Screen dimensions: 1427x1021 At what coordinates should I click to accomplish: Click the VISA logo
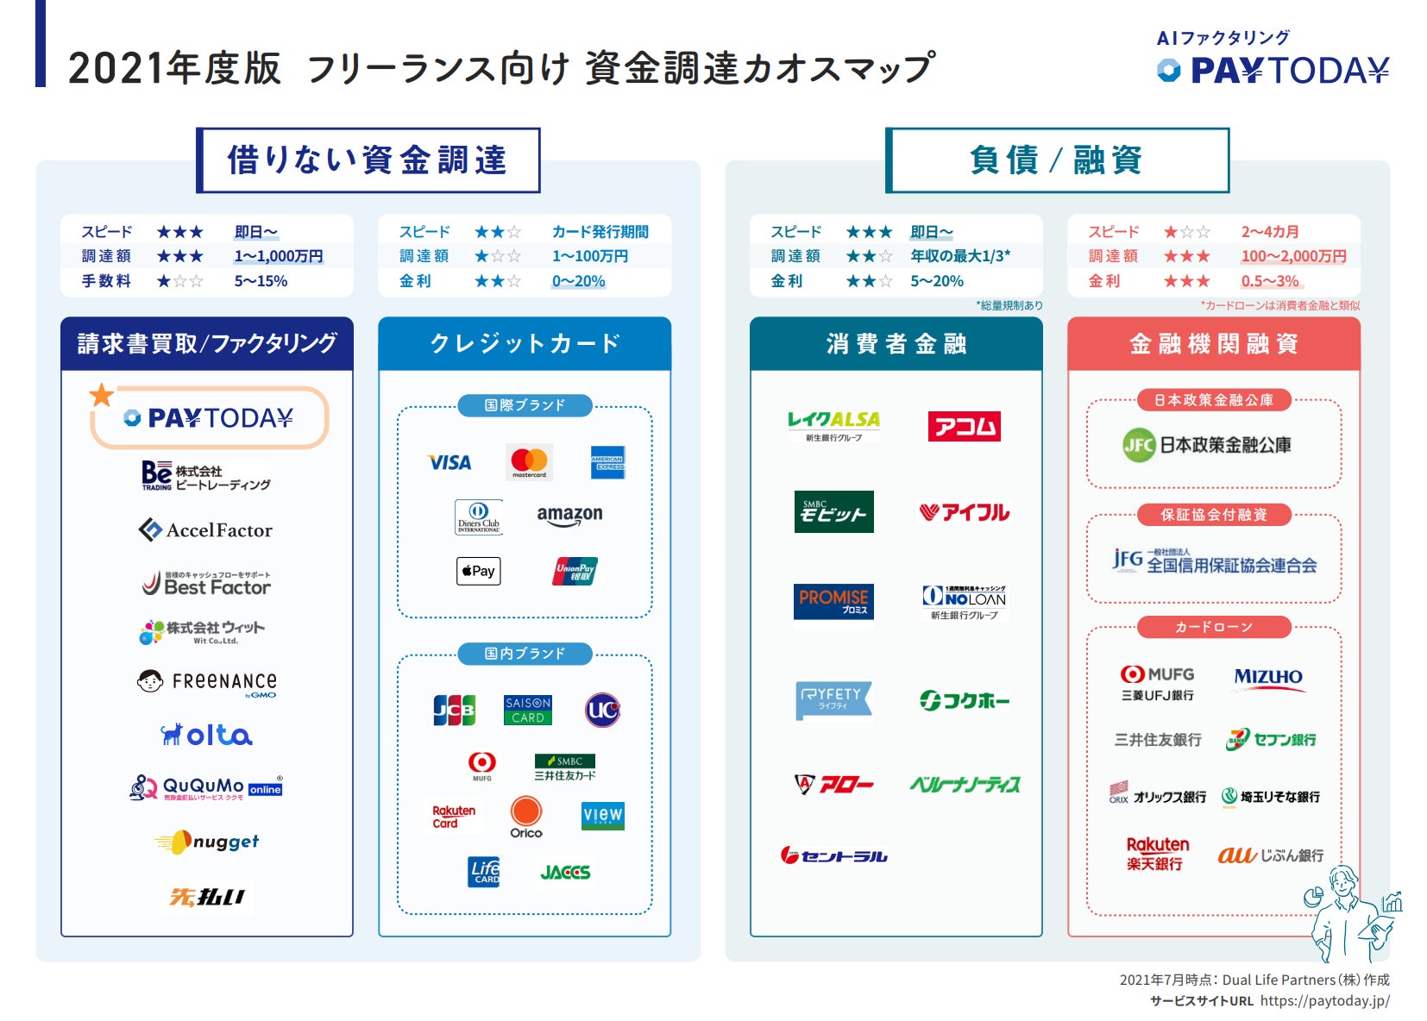450,463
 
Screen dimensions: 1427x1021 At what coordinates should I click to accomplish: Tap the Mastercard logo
529,462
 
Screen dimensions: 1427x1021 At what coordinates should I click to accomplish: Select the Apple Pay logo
479,571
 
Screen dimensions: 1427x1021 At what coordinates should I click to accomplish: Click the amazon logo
569,515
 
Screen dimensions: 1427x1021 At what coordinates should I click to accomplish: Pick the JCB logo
454,711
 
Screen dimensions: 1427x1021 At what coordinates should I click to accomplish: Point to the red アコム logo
964,426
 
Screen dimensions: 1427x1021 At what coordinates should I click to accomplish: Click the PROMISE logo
833,601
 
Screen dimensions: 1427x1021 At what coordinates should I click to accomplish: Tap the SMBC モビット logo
833,511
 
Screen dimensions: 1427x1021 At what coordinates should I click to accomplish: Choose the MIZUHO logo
1267,678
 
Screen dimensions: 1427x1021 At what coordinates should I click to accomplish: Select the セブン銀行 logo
1271,740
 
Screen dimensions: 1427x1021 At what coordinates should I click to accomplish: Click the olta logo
206,735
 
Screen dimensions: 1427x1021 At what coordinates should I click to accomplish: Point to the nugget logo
207,842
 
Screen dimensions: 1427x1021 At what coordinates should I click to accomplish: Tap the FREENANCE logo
207,682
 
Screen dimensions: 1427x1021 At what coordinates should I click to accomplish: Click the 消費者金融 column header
896,344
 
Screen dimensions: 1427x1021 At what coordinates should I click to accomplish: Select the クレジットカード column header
525,344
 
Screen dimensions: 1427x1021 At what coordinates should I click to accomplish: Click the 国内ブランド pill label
525,654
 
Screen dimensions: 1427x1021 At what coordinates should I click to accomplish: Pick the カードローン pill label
1214,627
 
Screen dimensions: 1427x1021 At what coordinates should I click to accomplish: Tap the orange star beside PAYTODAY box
102,395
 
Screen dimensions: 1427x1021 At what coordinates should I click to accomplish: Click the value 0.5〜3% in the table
1270,281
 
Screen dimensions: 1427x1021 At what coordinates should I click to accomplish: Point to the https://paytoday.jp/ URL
1324,1001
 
